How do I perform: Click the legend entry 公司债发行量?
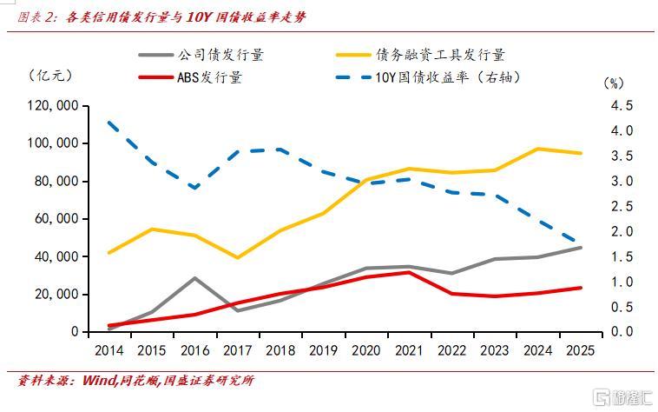(220, 55)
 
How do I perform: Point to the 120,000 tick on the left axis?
(55, 105)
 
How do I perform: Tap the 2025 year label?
(581, 349)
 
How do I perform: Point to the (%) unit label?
(613, 83)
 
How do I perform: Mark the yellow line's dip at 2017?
(237, 257)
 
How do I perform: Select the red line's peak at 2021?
(410, 272)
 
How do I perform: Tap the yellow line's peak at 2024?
(538, 149)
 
